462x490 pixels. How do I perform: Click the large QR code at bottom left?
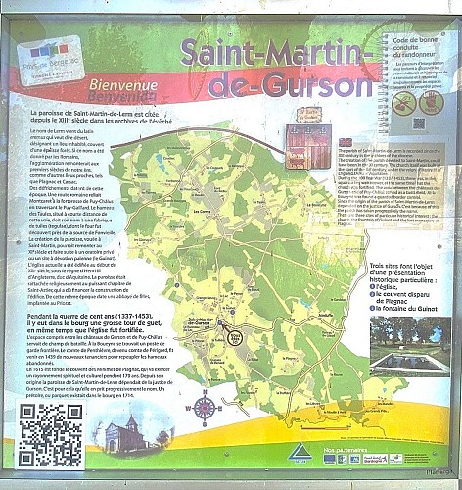click(49, 434)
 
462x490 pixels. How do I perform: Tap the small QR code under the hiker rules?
click(419, 124)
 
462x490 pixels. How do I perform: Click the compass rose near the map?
click(204, 406)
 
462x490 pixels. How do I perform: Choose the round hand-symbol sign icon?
click(430, 102)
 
